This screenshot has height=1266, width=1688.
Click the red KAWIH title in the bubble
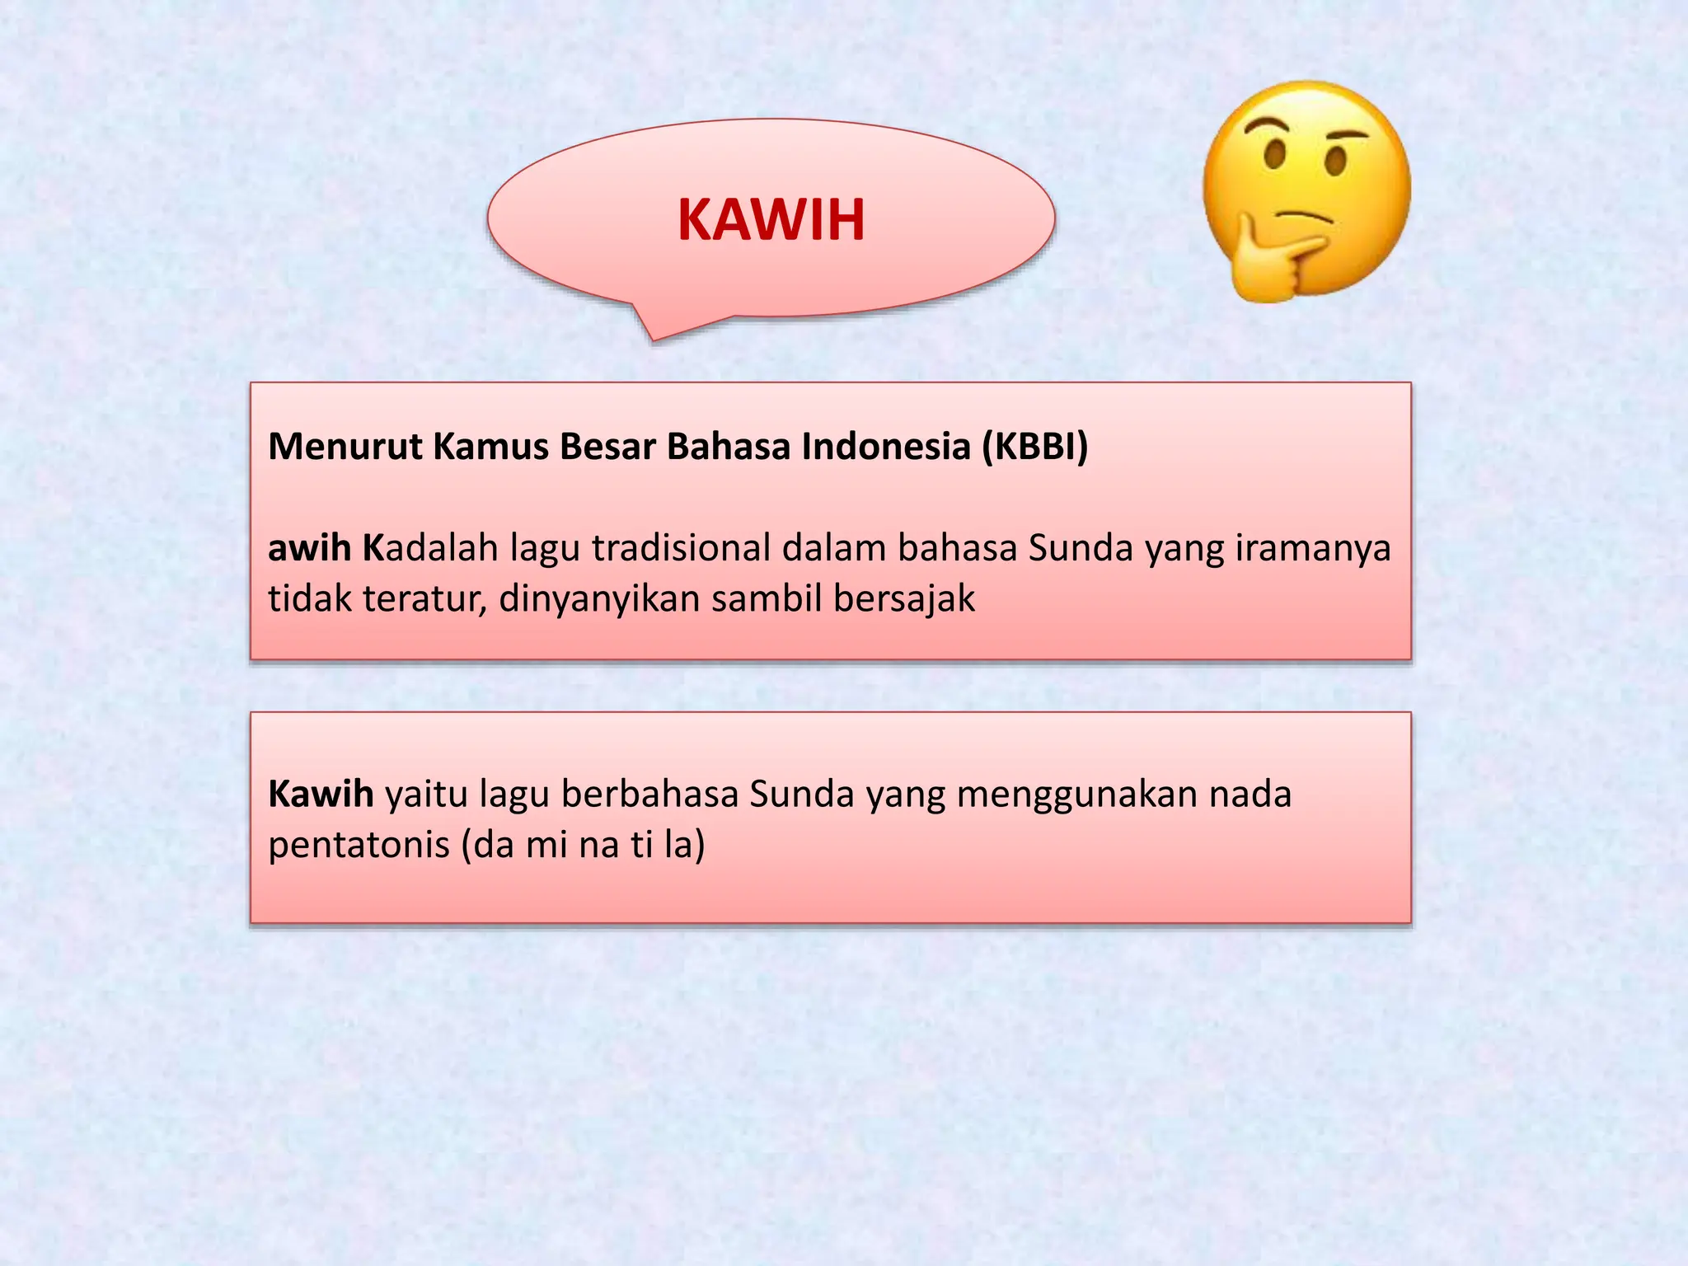[771, 220]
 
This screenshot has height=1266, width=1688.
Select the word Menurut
[345, 447]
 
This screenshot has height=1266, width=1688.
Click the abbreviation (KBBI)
[1034, 447]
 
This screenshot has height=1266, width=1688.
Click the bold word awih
[310, 548]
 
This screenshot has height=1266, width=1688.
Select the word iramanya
[1312, 548]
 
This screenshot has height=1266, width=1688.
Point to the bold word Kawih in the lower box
[321, 795]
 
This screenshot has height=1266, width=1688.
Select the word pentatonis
[359, 845]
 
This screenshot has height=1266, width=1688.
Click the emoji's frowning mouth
[1302, 216]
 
